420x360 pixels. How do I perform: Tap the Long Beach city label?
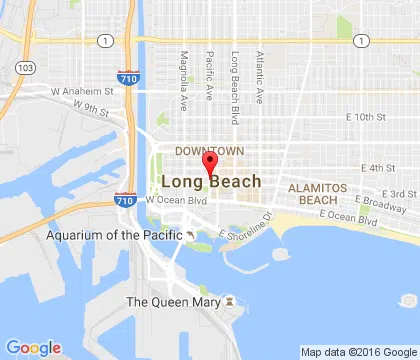click(x=211, y=182)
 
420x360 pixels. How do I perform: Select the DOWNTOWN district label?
click(x=202, y=150)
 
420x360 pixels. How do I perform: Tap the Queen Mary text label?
click(x=171, y=301)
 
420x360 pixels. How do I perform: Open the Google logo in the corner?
click(x=33, y=347)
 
